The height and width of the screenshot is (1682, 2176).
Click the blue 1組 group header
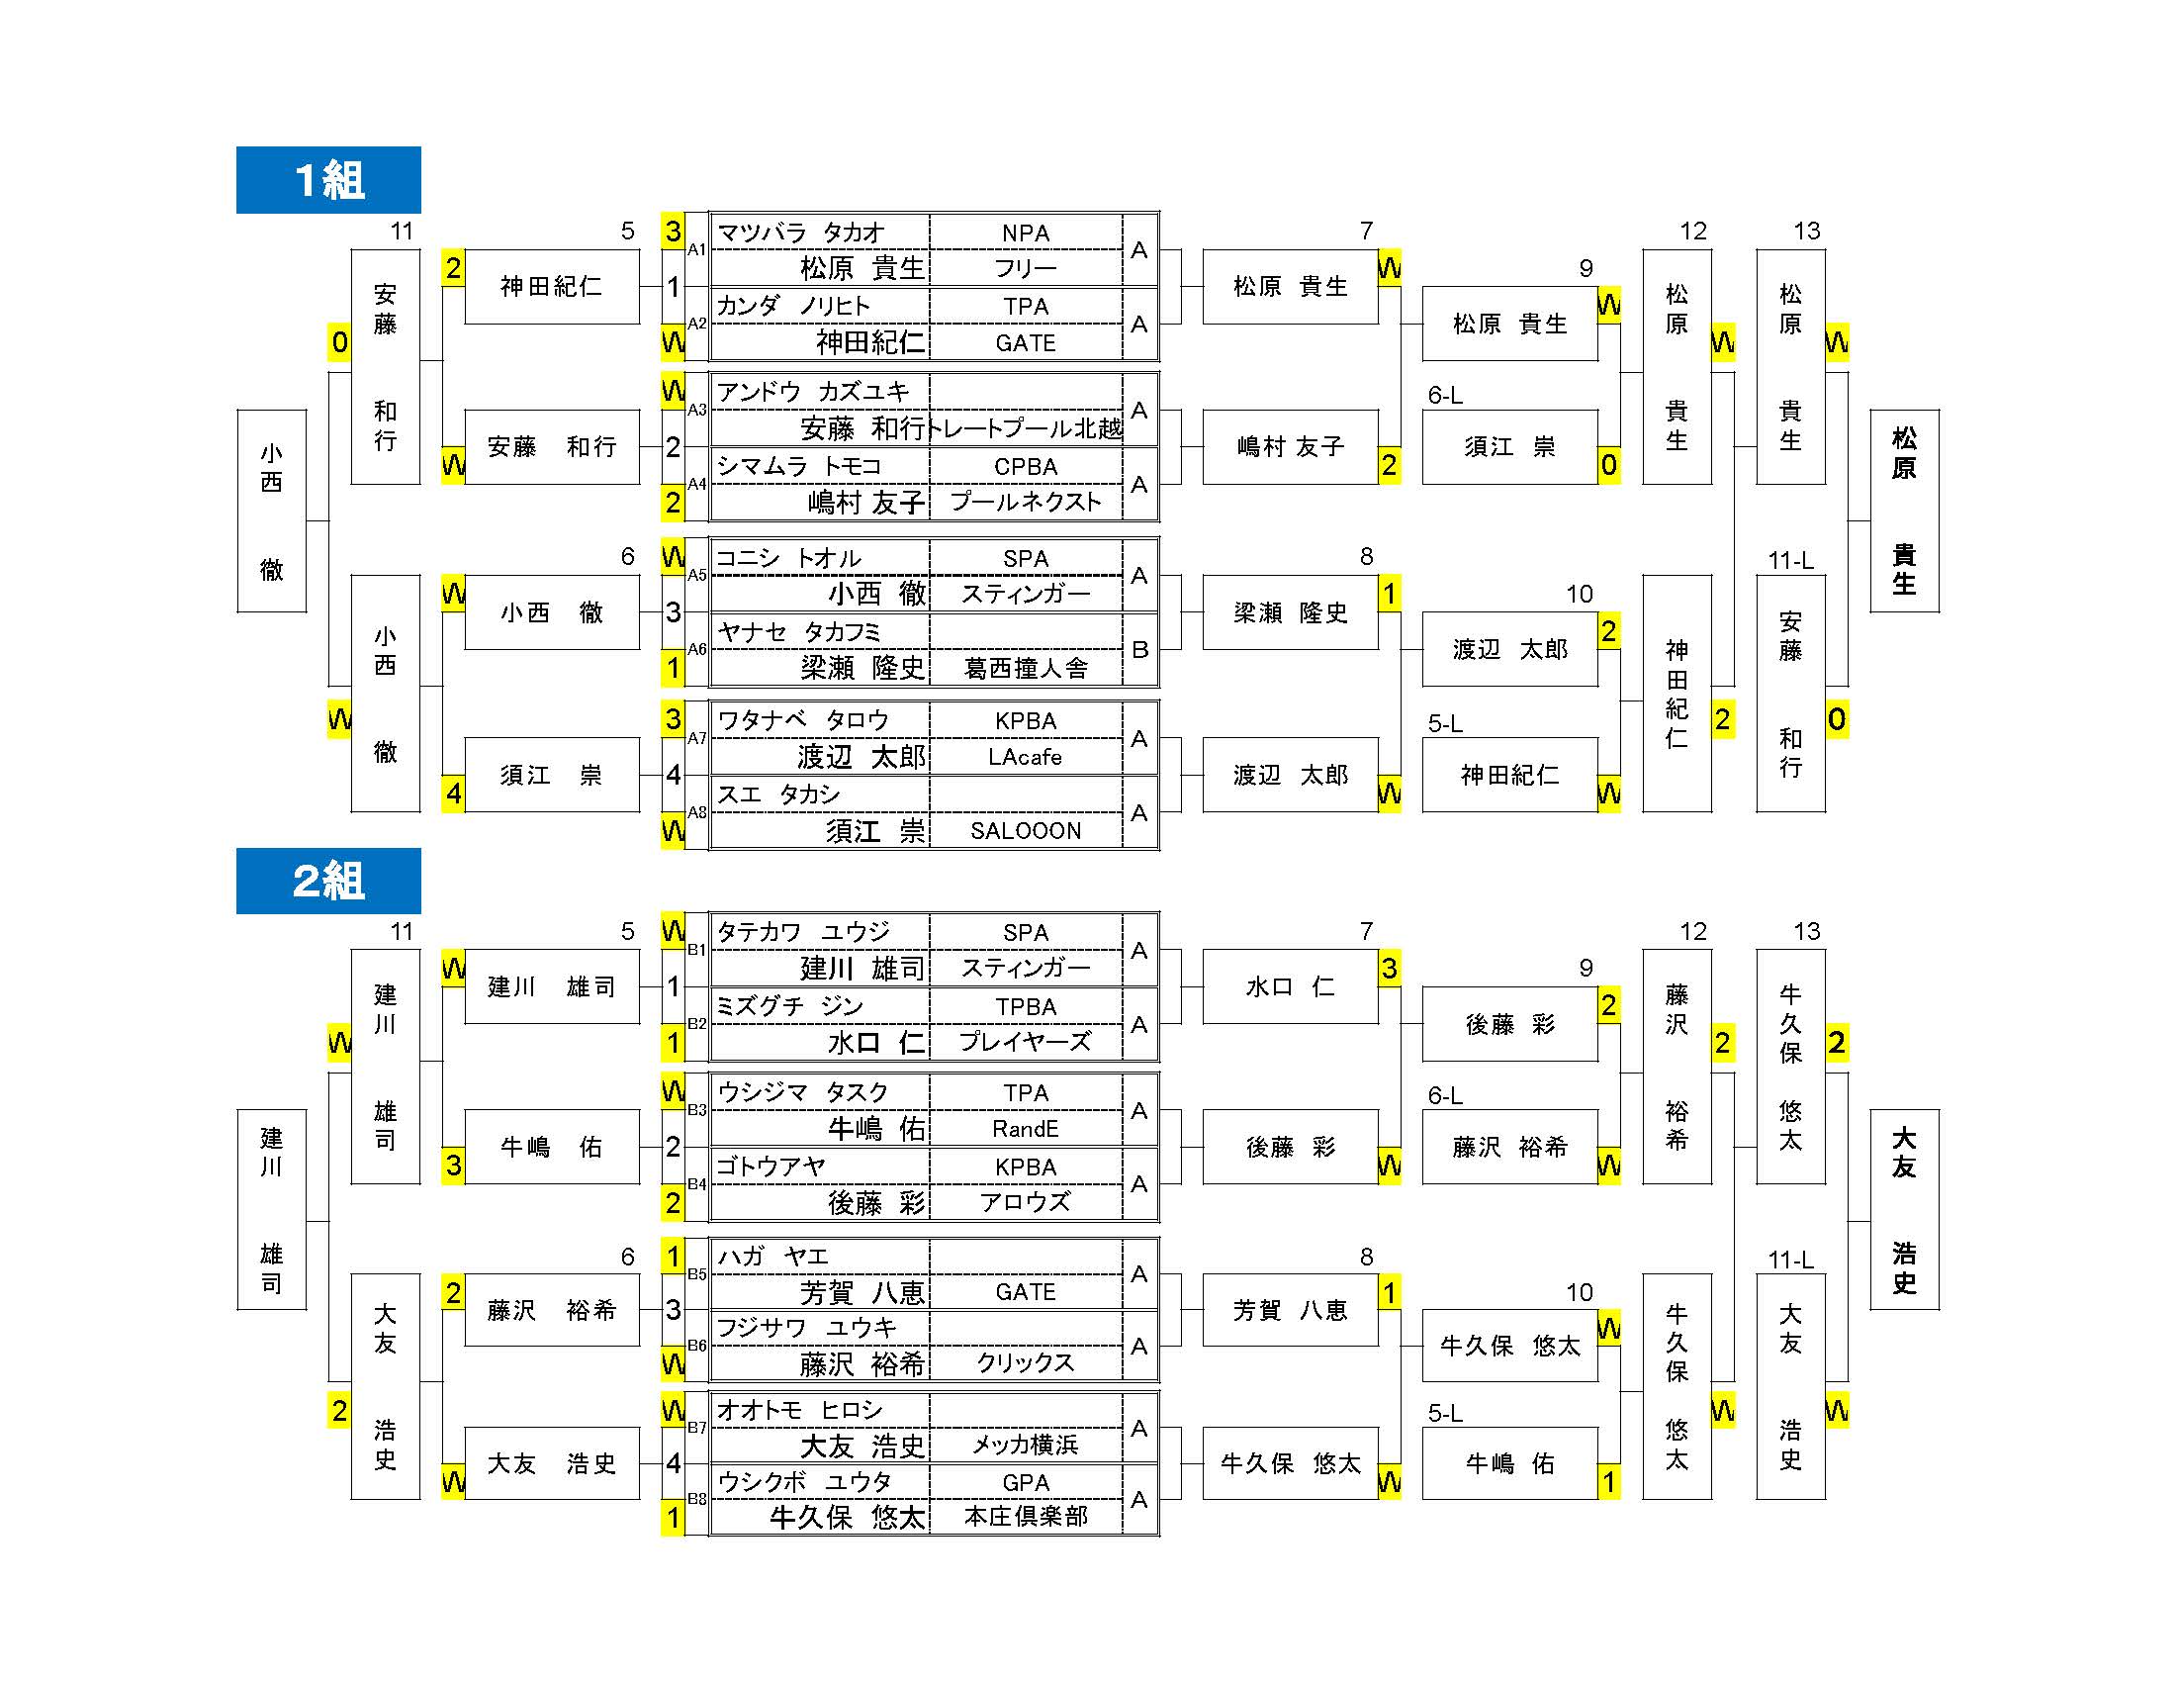click(x=327, y=179)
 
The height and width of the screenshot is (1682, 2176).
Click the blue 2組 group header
click(x=327, y=881)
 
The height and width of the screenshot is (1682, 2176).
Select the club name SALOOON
click(x=1026, y=831)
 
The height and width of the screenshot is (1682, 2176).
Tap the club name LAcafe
click(x=1026, y=757)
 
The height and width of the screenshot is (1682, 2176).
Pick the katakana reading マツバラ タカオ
click(x=801, y=234)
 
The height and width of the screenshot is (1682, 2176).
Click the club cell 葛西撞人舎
click(x=1026, y=668)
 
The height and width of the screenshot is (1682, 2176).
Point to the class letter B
click(x=1139, y=650)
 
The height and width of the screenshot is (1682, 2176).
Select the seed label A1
click(x=697, y=249)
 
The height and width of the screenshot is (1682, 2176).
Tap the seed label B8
click(x=697, y=1499)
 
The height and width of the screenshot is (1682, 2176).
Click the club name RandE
click(x=1026, y=1129)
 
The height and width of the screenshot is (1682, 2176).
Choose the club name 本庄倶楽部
click(x=1026, y=1516)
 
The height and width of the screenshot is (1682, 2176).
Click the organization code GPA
click(x=1026, y=1482)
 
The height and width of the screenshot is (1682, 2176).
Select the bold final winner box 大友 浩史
click(x=1904, y=1210)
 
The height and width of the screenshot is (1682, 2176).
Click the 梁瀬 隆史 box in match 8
click(x=1290, y=612)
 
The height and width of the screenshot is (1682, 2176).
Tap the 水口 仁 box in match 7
click(x=1290, y=986)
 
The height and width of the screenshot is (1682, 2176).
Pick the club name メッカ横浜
click(x=1026, y=1445)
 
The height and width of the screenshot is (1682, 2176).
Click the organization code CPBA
click(x=1026, y=467)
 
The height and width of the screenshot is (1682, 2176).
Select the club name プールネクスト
click(x=1026, y=502)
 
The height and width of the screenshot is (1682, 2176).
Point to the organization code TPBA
click(x=1026, y=1007)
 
